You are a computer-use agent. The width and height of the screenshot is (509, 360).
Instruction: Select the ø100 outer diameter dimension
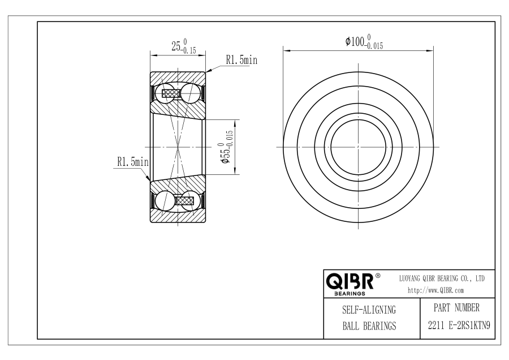click(364, 42)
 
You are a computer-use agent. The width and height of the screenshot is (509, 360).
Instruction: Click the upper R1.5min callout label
click(241, 60)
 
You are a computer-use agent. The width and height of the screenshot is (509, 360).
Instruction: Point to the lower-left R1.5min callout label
click(133, 161)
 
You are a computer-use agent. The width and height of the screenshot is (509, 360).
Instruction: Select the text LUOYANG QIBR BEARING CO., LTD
click(442, 278)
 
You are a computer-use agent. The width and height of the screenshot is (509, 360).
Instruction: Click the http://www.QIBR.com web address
click(435, 290)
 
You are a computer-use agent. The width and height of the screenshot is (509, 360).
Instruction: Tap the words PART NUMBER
click(456, 308)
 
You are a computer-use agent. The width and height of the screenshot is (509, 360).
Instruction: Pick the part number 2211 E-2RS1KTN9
click(459, 325)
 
